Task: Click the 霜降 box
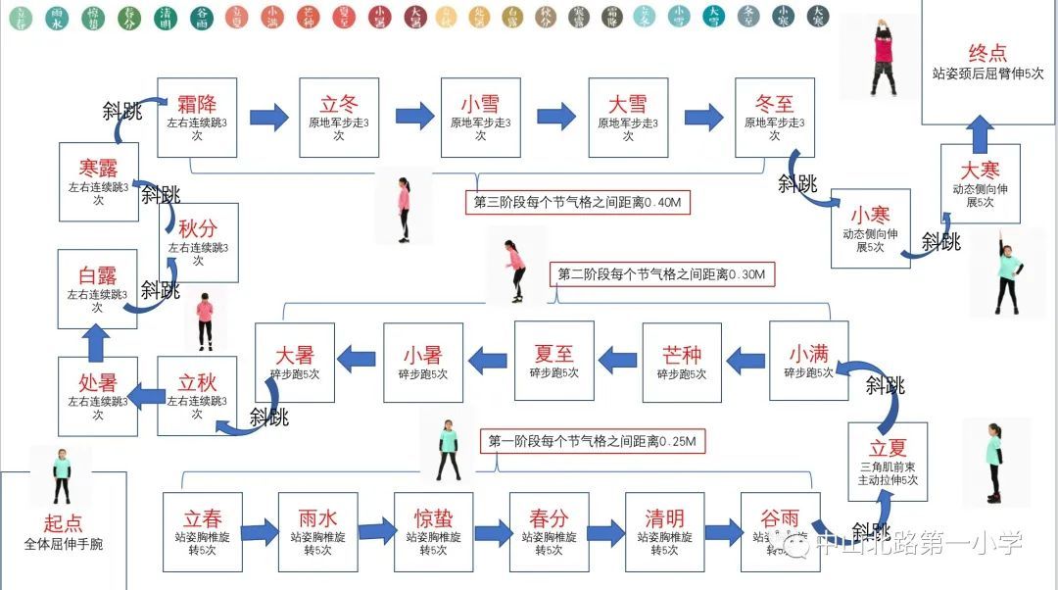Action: click(197, 118)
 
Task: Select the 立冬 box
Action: click(339, 118)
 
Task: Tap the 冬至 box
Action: click(775, 118)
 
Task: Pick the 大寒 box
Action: click(980, 183)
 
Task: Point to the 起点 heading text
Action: click(63, 523)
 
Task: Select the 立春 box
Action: click(203, 531)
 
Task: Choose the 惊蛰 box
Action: click(434, 531)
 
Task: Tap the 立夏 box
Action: click(888, 461)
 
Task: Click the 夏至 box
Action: click(553, 361)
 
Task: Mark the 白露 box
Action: click(97, 288)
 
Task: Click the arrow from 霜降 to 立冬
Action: click(268, 118)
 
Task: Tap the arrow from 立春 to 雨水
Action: click(261, 532)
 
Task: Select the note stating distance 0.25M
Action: click(594, 442)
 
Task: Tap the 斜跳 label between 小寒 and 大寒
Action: click(941, 241)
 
